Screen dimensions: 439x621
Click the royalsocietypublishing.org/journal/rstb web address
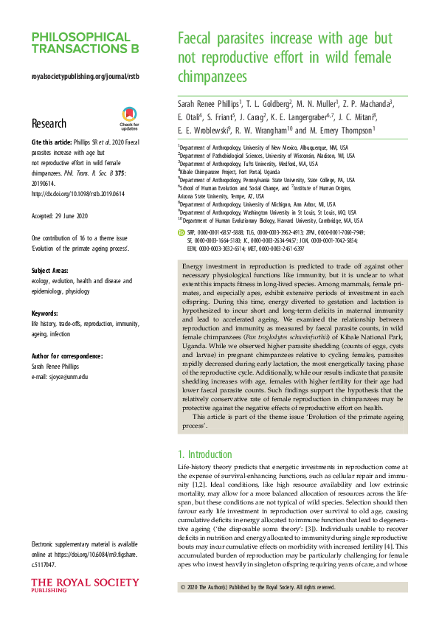(85, 76)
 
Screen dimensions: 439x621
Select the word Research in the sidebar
(49, 124)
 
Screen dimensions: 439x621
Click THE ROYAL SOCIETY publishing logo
(74, 587)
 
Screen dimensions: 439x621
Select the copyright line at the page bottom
(258, 587)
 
